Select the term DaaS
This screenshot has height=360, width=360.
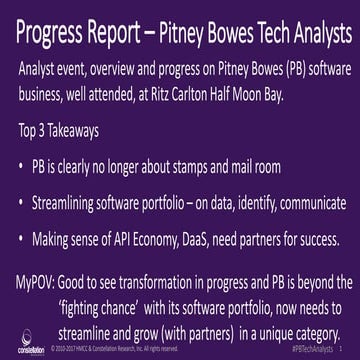tap(211, 239)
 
